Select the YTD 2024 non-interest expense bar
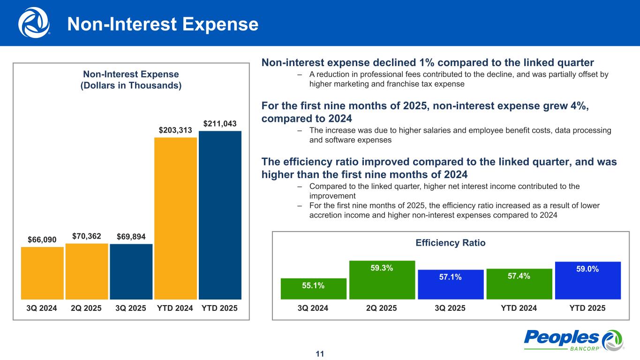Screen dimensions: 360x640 [175, 218]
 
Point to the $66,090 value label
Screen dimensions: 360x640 [42, 240]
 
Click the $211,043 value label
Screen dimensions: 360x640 [220, 123]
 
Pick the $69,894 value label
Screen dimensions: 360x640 [131, 237]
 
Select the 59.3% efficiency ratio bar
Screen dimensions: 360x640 [382, 280]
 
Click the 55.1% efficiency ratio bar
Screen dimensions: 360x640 [314, 288]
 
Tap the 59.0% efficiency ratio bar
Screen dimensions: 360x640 [587, 280]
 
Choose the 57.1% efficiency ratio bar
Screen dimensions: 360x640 [451, 284]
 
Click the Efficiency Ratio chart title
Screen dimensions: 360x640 [450, 243]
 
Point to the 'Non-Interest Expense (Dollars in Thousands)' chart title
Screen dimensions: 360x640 [131, 80]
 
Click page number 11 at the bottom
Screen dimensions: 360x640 [320, 353]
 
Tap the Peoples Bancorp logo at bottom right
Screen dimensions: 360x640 [573, 339]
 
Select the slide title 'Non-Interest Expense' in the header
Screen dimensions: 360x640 [163, 24]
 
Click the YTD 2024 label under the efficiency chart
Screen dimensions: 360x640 [519, 308]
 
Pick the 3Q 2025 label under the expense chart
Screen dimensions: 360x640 [131, 308]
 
